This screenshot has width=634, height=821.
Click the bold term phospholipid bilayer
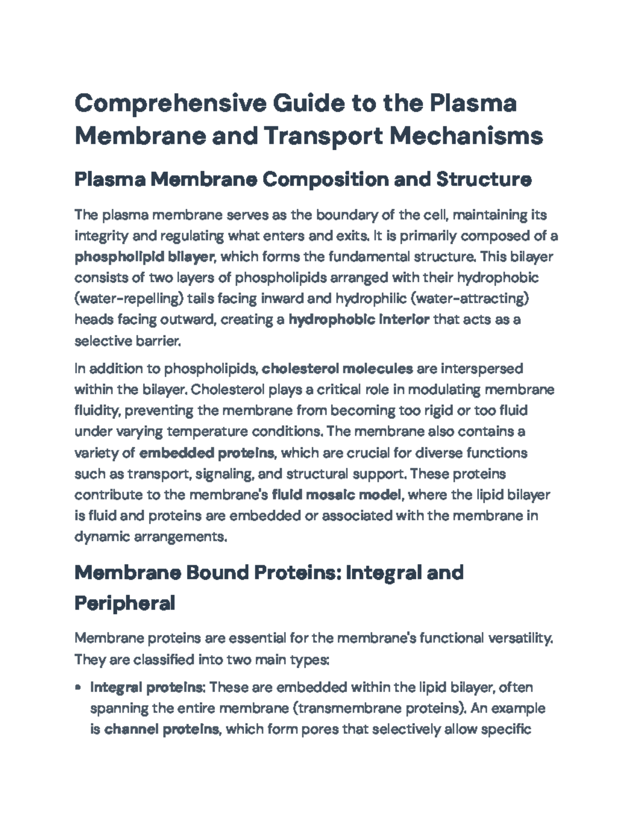point(144,257)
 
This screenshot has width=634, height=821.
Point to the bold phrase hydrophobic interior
point(359,320)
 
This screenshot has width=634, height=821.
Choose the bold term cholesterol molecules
point(337,368)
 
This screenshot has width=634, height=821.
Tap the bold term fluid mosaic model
point(337,495)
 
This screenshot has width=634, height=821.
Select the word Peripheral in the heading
point(125,603)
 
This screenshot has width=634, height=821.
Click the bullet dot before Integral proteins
point(79,688)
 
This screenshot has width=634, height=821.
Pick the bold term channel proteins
point(162,730)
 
